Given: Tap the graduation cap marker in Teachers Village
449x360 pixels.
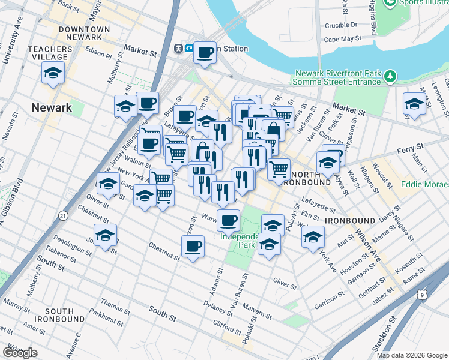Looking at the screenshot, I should click(x=53, y=73).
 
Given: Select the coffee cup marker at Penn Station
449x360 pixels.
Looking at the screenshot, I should click(x=205, y=53).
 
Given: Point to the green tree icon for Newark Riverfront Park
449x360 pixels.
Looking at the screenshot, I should click(x=390, y=76).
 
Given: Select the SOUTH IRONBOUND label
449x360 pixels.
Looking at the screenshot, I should click(x=59, y=316).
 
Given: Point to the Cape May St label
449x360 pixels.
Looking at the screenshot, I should click(x=342, y=39).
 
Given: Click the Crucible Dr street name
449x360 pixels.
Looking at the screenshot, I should click(x=340, y=25).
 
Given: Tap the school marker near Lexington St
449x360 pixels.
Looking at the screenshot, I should click(x=414, y=103).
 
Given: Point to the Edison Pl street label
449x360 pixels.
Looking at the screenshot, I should click(x=99, y=52).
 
